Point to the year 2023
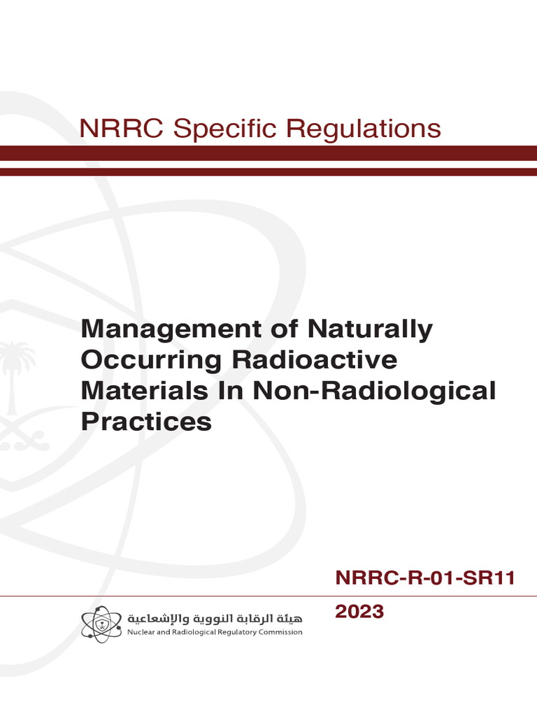[x=359, y=613]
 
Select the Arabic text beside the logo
[x=214, y=619]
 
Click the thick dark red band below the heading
[x=268, y=153]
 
